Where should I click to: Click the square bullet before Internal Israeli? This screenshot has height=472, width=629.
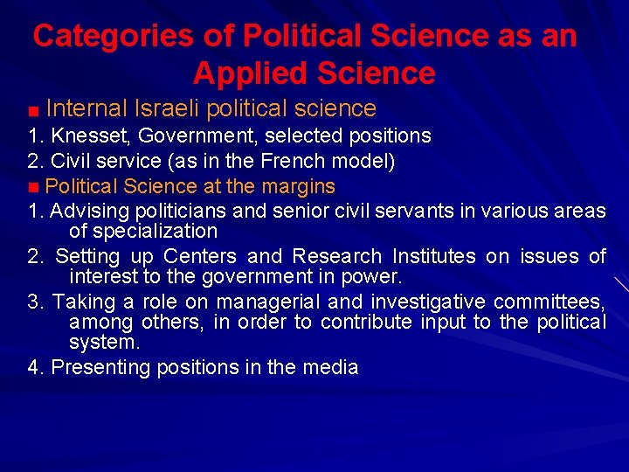(32, 111)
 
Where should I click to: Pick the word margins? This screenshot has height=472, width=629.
(301, 186)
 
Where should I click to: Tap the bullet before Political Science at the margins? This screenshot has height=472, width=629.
(32, 187)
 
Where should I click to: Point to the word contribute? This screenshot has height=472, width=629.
(366, 323)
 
